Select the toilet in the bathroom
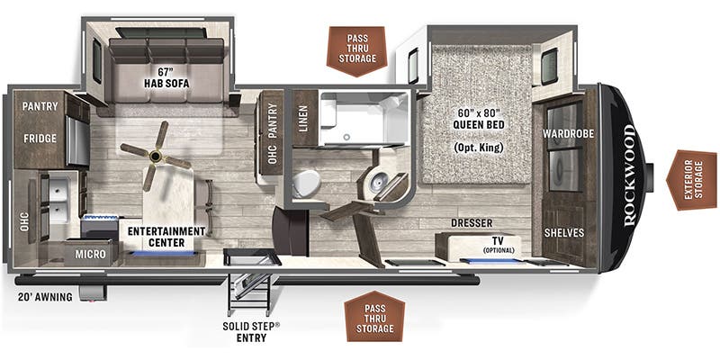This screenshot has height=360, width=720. tap(306, 184)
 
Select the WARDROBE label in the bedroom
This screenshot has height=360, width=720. tap(564, 135)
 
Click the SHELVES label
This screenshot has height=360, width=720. tap(564, 232)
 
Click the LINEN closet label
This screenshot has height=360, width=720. tap(303, 121)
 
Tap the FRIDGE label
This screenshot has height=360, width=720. tap(41, 139)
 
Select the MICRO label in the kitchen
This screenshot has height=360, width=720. tap(90, 255)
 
